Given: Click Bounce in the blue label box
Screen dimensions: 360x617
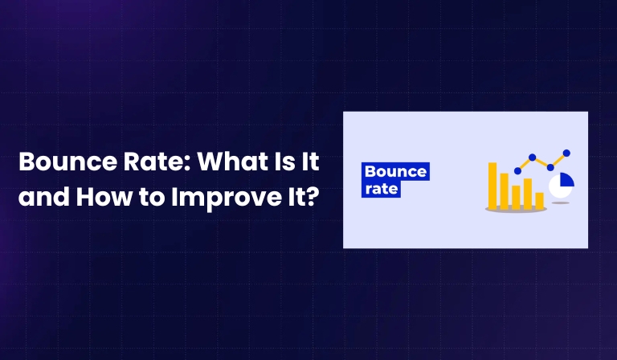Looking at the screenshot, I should [395, 171].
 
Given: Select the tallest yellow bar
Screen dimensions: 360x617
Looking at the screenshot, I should [492, 185].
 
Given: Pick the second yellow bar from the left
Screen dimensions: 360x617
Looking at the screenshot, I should [504, 190].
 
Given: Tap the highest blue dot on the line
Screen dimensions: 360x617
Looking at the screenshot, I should [566, 153].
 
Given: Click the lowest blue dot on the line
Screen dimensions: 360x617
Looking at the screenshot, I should [517, 170].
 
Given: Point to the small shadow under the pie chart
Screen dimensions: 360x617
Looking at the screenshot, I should [561, 202].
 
